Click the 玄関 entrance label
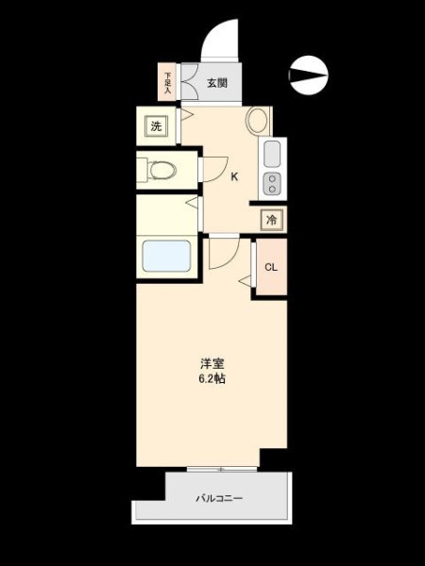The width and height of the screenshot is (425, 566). [x=217, y=83]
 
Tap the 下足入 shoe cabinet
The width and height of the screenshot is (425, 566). [x=167, y=82]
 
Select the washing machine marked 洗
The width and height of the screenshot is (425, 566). [x=156, y=126]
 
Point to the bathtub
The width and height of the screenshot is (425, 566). [x=166, y=256]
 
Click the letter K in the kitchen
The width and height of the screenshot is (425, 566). [x=234, y=177]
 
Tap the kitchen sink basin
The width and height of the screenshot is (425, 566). [x=272, y=154]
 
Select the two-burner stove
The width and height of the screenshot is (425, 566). [x=272, y=184]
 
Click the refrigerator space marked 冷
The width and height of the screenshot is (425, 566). [x=271, y=220]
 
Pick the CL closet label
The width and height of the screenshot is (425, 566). [x=271, y=267]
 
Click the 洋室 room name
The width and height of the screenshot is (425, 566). [x=212, y=363]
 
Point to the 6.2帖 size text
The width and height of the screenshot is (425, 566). [x=212, y=378]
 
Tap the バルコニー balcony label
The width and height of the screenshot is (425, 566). [x=219, y=498]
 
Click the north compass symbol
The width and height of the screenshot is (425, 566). [x=309, y=75]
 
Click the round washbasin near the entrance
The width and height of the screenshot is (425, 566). [x=257, y=121]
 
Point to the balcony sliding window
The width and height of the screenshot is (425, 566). [x=222, y=469]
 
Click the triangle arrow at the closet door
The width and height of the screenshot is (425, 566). [x=245, y=281]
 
